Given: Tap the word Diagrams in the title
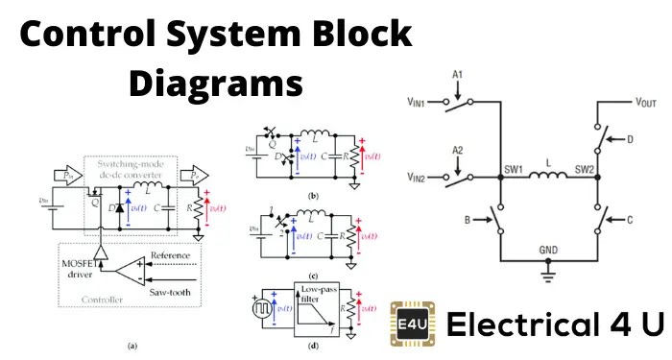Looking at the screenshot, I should click(x=215, y=83).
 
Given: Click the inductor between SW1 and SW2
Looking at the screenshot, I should click(x=548, y=176).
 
